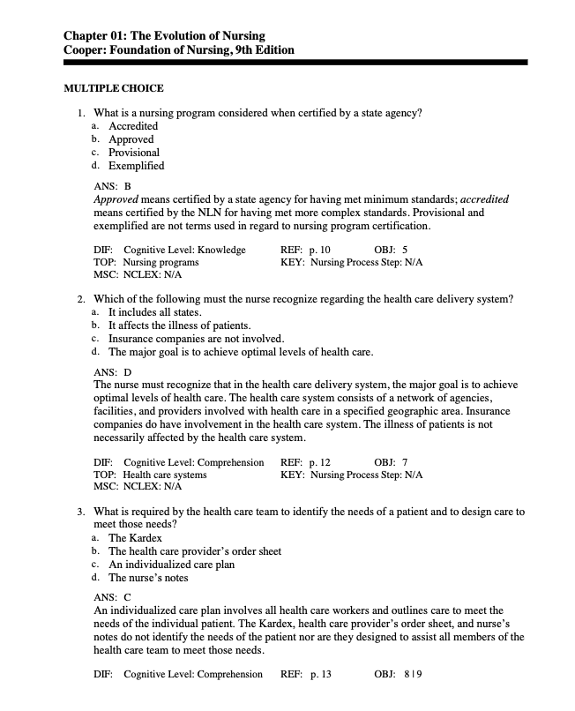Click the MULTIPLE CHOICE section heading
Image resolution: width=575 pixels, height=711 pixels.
point(114,88)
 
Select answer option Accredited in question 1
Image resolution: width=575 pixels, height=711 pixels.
point(133,126)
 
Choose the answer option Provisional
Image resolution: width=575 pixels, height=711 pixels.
point(134,152)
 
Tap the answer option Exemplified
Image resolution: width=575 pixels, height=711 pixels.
point(136,165)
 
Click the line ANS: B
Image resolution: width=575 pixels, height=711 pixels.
point(112,187)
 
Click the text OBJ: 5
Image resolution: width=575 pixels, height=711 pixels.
point(391,250)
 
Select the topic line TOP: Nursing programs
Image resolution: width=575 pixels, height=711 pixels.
point(146,262)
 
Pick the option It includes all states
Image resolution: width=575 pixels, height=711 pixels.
point(155,313)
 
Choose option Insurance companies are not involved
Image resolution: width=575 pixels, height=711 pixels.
point(196,339)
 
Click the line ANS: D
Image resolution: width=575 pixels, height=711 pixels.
point(112,373)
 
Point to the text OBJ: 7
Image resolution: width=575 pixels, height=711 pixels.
point(391,462)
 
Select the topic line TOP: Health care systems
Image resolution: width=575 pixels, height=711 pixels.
point(151,475)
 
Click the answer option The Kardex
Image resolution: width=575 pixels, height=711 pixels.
point(135,538)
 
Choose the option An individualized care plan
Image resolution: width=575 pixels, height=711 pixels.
point(171,565)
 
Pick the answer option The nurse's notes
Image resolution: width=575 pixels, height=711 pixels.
point(148,578)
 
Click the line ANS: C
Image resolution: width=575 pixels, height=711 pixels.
point(112,597)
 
